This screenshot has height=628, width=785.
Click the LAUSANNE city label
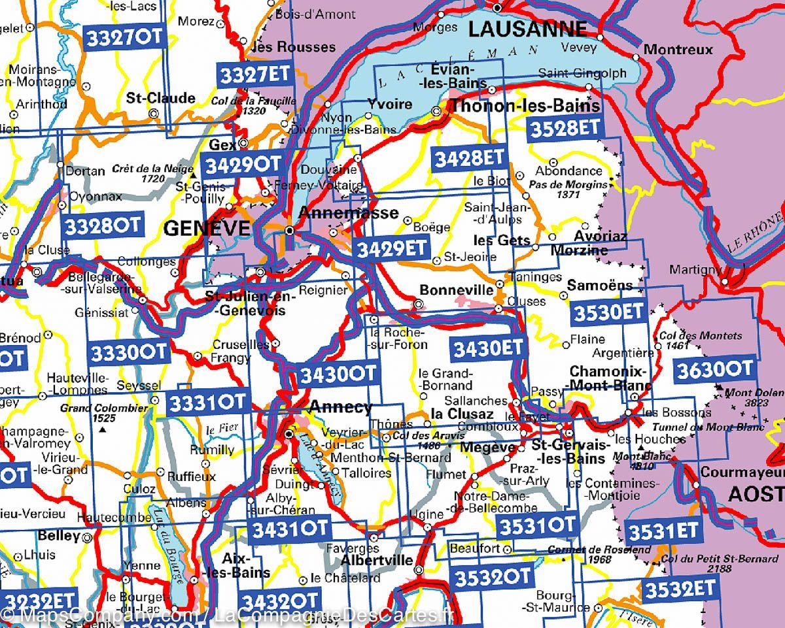coord(528,29)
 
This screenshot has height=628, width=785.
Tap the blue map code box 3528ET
coord(564,128)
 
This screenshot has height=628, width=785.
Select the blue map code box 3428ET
coord(469,157)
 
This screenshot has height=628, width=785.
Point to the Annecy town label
coord(340,407)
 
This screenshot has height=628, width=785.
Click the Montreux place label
coord(678,50)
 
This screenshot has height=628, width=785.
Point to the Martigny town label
coord(695,269)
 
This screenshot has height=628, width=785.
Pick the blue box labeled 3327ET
coord(254,74)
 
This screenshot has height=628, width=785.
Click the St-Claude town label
coord(160,98)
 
